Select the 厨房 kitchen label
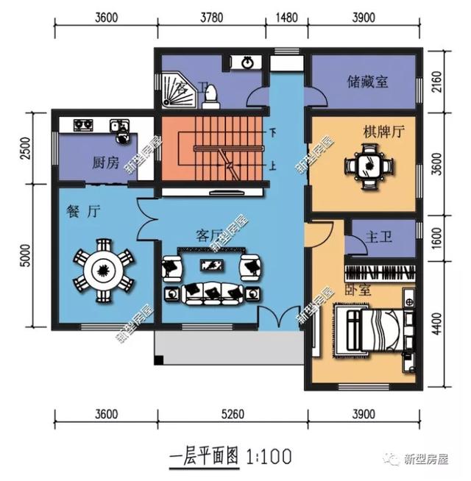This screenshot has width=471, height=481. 105,163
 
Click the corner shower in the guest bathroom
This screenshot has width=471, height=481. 175,93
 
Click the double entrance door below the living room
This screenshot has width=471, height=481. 283,318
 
